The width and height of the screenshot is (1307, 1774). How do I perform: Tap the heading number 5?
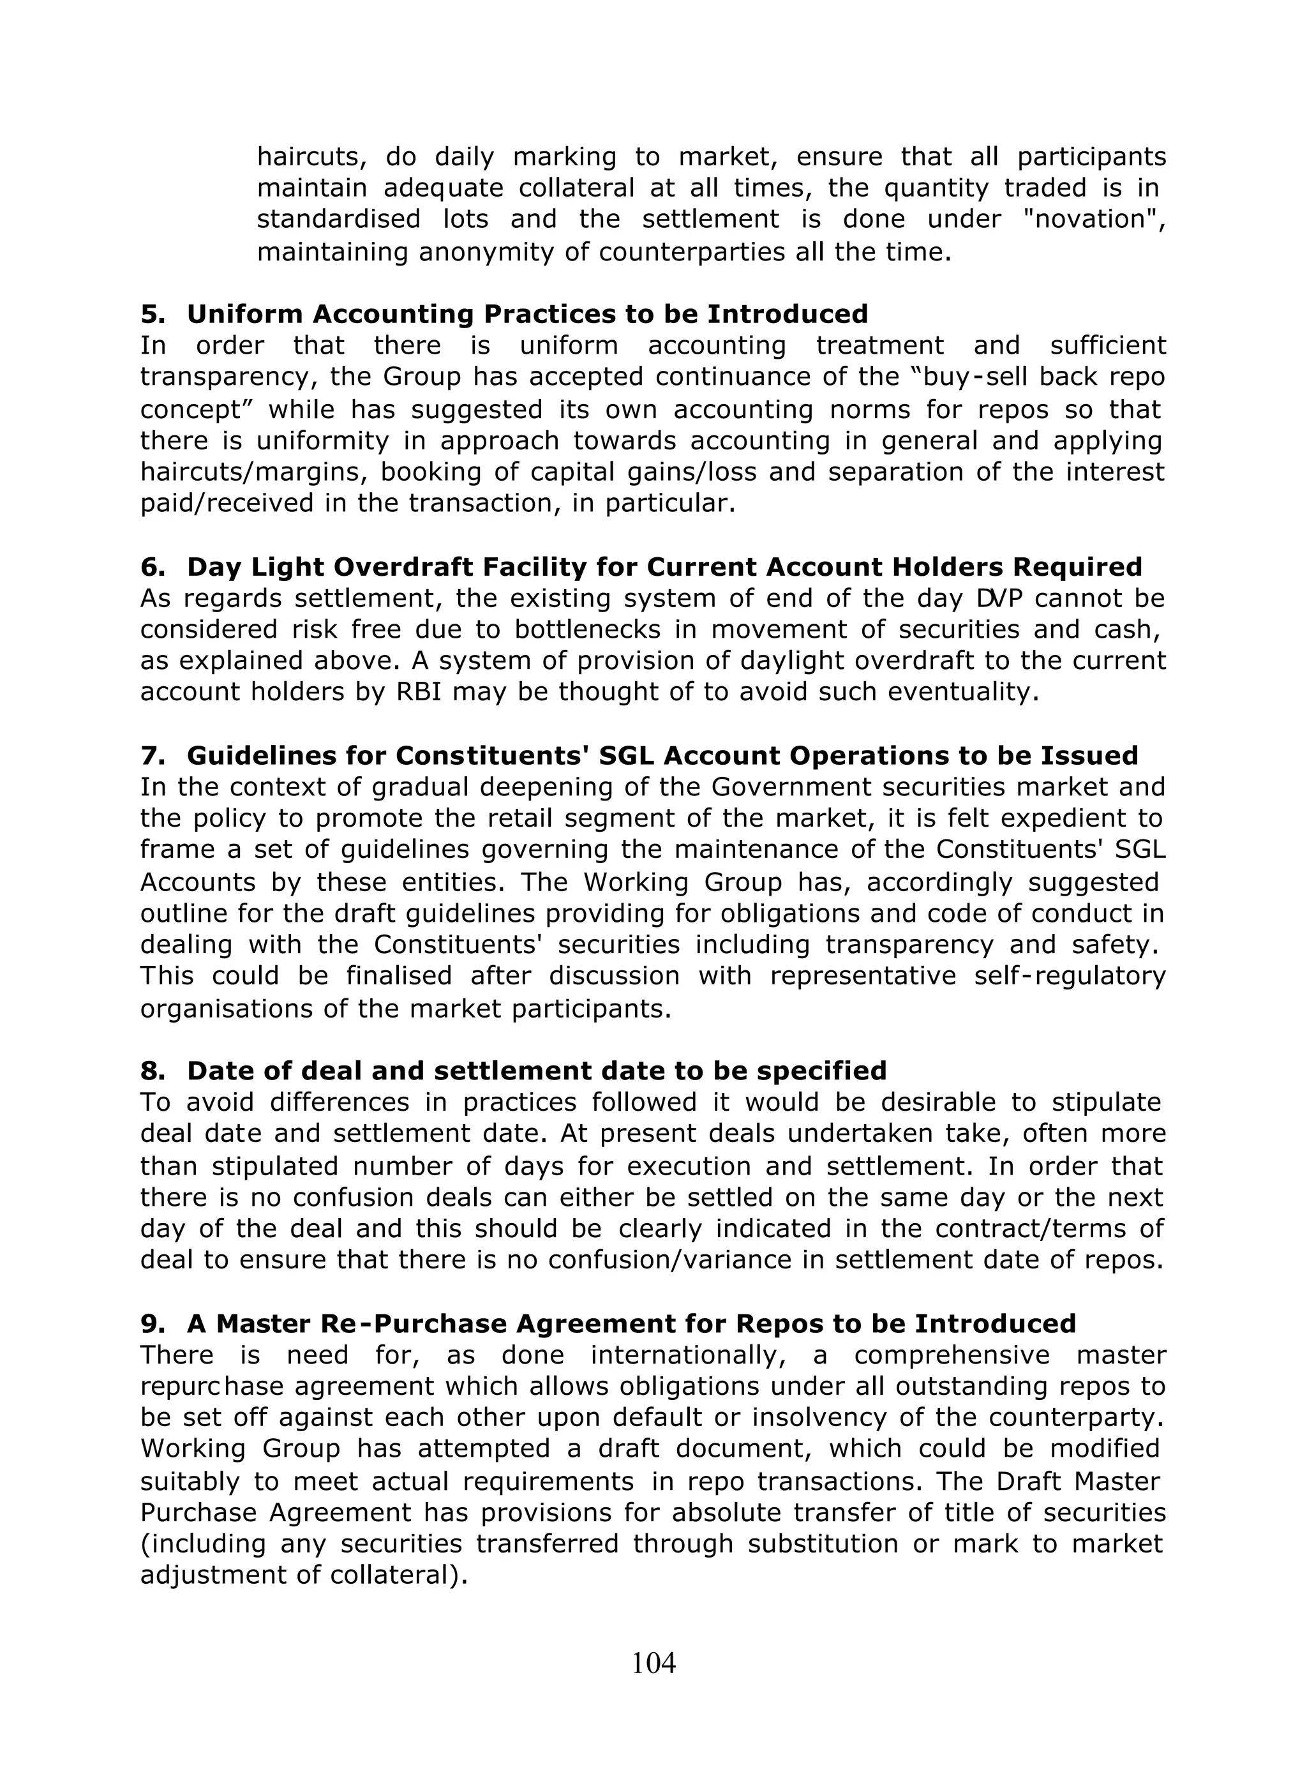tap(152, 314)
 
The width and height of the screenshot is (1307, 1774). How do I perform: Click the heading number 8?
tap(152, 1071)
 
